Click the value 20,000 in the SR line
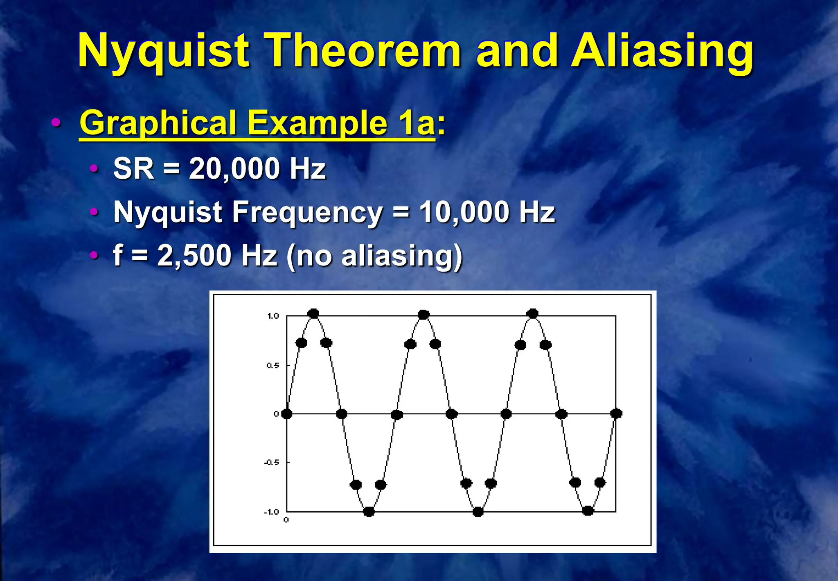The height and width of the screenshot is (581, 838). pyautogui.click(x=234, y=168)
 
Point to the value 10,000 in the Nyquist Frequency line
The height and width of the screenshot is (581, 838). pyautogui.click(x=464, y=212)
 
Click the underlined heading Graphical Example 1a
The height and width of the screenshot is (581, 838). pyautogui.click(x=257, y=123)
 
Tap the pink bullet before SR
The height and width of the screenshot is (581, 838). pyautogui.click(x=94, y=168)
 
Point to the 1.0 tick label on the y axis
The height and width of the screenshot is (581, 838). pyautogui.click(x=273, y=316)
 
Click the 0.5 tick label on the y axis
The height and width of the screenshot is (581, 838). pyautogui.click(x=273, y=365)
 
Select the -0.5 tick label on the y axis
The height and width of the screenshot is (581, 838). pyautogui.click(x=271, y=462)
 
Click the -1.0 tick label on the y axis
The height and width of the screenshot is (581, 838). pyautogui.click(x=271, y=512)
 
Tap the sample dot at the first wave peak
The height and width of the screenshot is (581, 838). pyautogui.click(x=313, y=314)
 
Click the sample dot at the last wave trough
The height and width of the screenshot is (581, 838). pyautogui.click(x=588, y=511)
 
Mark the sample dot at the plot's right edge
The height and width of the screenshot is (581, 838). pyautogui.click(x=616, y=413)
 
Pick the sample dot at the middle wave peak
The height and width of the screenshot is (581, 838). pyautogui.click(x=424, y=315)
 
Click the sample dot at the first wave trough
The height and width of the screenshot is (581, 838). pyautogui.click(x=369, y=511)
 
